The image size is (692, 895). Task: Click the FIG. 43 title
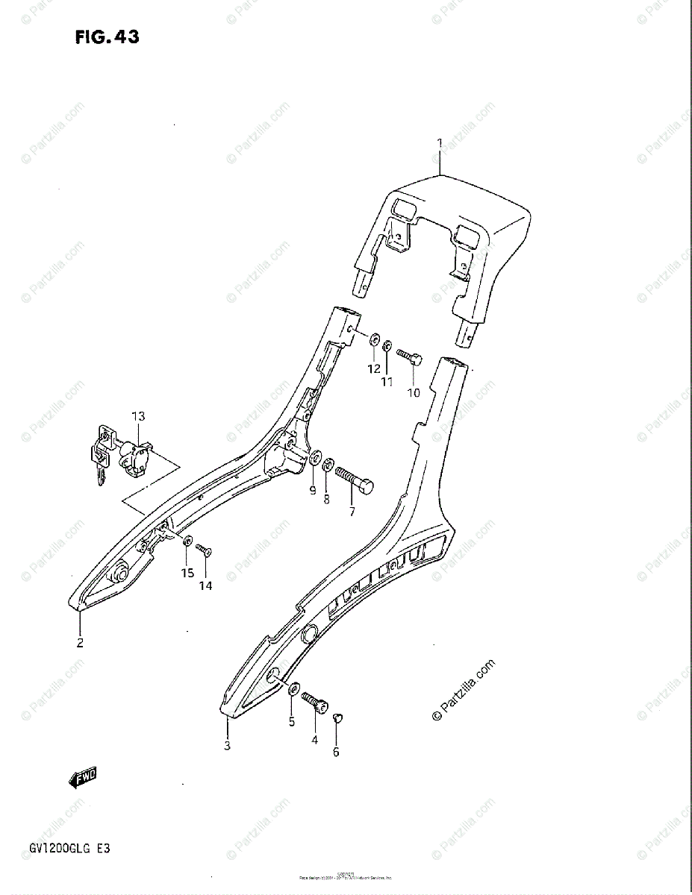point(107,37)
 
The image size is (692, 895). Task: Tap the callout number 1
point(440,142)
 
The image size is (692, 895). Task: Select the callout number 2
point(79,642)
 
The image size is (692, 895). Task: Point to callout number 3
point(227,745)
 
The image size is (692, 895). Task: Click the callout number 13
point(138,416)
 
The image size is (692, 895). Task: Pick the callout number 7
point(352,512)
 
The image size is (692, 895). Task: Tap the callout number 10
point(413,392)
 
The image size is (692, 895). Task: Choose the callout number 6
point(336,752)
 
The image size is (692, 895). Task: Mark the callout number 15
point(187,572)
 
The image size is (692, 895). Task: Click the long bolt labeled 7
point(354,480)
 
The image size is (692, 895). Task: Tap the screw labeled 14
point(204,550)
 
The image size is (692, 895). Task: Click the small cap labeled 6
point(336,717)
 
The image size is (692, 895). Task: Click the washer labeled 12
point(373,340)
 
